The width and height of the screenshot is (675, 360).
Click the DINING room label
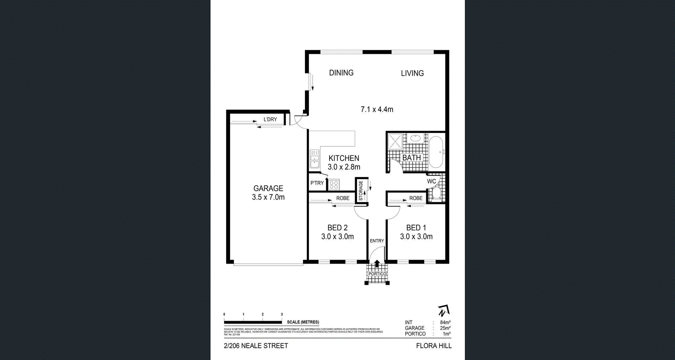341,73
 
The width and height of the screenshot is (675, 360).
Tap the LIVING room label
412,73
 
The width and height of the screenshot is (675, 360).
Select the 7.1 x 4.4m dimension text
377,110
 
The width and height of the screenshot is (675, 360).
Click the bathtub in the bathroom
436,152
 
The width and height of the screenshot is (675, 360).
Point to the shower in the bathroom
395,141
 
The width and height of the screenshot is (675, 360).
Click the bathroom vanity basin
416,139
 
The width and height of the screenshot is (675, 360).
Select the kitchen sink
314,158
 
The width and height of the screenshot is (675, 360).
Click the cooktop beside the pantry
334,185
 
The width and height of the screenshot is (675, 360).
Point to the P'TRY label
317,183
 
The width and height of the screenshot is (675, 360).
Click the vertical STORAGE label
361,190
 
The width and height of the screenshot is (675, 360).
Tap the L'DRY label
270,119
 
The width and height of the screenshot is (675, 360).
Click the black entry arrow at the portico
377,263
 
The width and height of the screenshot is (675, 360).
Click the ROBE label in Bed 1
416,198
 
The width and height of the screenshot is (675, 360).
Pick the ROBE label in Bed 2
342,198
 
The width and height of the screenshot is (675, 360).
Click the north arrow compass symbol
443,311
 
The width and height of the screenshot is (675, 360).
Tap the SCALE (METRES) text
303,322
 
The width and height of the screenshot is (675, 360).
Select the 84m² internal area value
445,323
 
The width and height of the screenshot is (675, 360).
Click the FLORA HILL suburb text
434,346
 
